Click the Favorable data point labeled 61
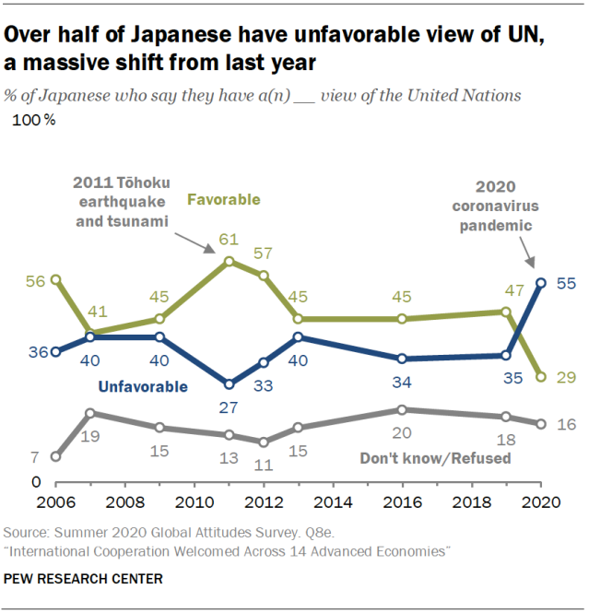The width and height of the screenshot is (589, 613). (x=230, y=261)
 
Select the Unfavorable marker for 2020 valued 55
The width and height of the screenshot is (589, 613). (x=542, y=282)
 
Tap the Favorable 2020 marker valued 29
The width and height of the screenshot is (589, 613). (x=542, y=376)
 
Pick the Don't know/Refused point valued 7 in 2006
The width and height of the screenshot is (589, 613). (x=55, y=456)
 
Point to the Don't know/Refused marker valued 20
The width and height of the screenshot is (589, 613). (x=403, y=409)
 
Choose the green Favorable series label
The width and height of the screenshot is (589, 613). (x=224, y=199)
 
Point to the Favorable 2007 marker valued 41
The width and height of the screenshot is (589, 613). (x=90, y=333)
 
